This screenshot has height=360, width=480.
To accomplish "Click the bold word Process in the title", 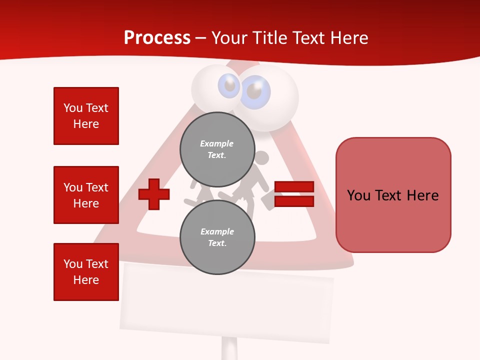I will (x=157, y=38).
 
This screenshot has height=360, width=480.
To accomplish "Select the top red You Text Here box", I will (x=86, y=116).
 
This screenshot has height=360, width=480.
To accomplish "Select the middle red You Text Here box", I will (x=86, y=195).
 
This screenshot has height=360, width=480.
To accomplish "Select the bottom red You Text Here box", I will (x=86, y=272).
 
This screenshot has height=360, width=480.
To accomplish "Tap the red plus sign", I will (x=153, y=193).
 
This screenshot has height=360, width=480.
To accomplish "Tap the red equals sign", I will (x=294, y=194).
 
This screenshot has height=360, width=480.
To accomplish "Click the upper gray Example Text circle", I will (x=217, y=149).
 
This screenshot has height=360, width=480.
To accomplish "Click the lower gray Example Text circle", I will (x=217, y=237).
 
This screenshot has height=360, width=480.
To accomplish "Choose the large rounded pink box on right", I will (x=393, y=195).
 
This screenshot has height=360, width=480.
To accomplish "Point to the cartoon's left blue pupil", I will (x=229, y=86).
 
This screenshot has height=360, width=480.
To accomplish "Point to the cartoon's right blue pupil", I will (x=255, y=92).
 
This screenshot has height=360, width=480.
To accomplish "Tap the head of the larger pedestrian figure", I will (x=262, y=158).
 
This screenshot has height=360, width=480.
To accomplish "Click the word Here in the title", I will (x=348, y=38).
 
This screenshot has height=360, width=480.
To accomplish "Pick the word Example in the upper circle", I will (x=217, y=143).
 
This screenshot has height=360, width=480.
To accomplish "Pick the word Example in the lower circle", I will (x=217, y=231).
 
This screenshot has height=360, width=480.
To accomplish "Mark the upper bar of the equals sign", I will (x=294, y=187).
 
